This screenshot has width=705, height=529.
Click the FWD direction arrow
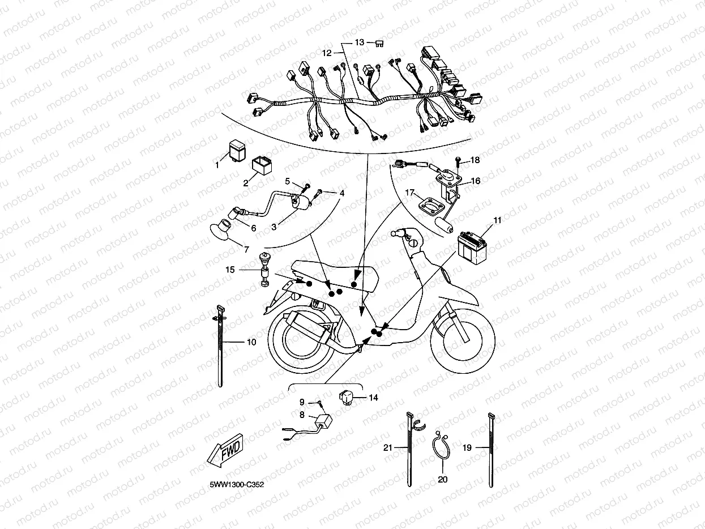225,450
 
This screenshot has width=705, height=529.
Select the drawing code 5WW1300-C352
237,484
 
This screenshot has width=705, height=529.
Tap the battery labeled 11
472,248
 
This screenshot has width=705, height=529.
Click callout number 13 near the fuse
360,42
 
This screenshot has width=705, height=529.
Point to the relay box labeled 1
238,150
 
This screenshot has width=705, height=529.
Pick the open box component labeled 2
262,165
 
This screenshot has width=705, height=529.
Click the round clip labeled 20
441,445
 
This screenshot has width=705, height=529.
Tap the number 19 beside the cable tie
467,447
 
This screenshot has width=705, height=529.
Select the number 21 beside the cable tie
388,447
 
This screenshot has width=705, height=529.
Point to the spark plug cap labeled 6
235,212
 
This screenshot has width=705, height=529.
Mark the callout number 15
230,270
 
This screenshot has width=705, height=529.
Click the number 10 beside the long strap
251,342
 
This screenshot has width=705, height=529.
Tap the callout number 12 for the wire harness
327,53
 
